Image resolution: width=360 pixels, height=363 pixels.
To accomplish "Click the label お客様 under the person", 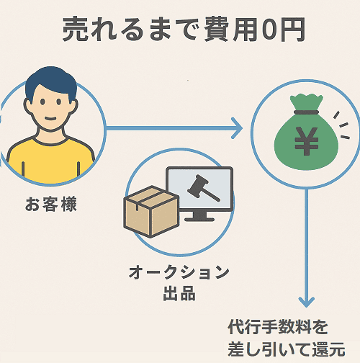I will (50, 205).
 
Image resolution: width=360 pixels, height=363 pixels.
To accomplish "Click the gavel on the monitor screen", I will (196, 189).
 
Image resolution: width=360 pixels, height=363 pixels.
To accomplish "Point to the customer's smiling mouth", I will (50, 121).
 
